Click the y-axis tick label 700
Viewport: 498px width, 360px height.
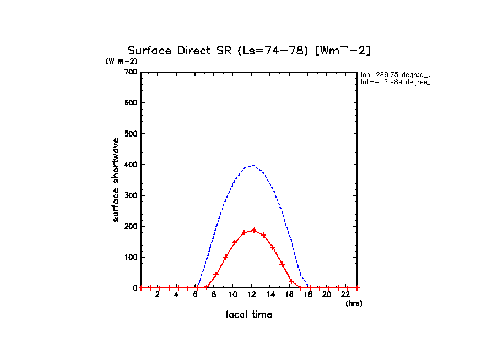(x=131, y=72)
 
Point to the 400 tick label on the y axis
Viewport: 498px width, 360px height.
(x=131, y=165)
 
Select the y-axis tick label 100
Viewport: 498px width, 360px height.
(x=131, y=257)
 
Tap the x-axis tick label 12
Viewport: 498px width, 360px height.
(x=251, y=294)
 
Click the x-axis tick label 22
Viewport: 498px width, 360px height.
(x=345, y=294)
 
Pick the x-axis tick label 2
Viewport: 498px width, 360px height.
(x=157, y=294)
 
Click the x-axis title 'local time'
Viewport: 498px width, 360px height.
(x=248, y=314)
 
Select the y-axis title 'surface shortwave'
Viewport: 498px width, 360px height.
(x=116, y=180)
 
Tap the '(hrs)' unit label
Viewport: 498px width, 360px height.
(x=354, y=303)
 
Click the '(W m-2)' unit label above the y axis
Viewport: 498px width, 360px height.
(x=121, y=61)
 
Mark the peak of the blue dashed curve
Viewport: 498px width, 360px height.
(x=253, y=165)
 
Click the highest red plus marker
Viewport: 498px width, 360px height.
(x=254, y=230)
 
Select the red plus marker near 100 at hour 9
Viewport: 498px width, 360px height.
(x=225, y=257)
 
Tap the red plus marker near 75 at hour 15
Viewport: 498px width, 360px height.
(x=282, y=264)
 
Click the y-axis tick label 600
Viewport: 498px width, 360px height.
(x=131, y=103)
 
